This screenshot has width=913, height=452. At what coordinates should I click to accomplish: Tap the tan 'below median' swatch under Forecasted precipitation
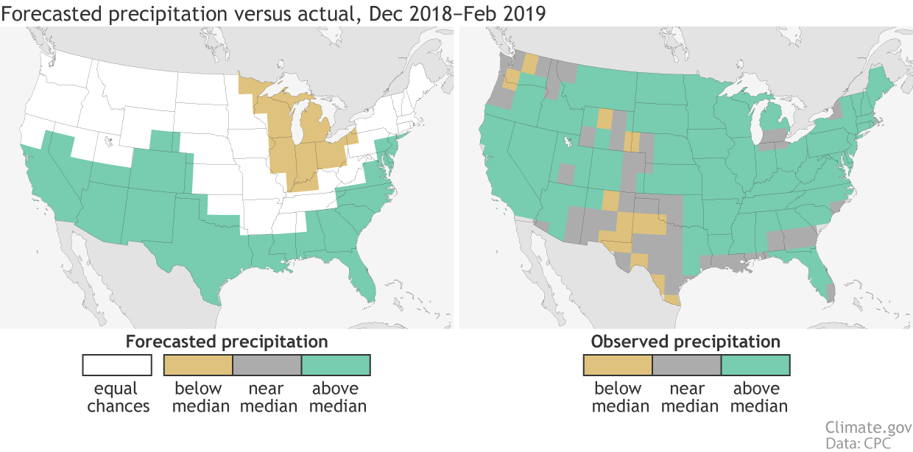[x=197, y=365]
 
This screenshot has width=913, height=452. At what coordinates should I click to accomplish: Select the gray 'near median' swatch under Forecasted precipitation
[x=267, y=365]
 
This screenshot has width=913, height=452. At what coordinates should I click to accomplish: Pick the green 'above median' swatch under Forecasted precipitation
[x=335, y=365]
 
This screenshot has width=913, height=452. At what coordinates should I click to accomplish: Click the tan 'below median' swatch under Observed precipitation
[x=617, y=365]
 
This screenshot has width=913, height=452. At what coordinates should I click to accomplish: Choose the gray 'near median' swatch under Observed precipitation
[x=685, y=365]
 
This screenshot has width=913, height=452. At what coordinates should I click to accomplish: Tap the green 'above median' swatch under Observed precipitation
[x=755, y=365]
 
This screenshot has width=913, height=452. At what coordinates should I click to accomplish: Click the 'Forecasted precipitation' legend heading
[x=227, y=342]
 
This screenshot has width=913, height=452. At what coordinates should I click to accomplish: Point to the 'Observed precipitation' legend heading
[x=685, y=342]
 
